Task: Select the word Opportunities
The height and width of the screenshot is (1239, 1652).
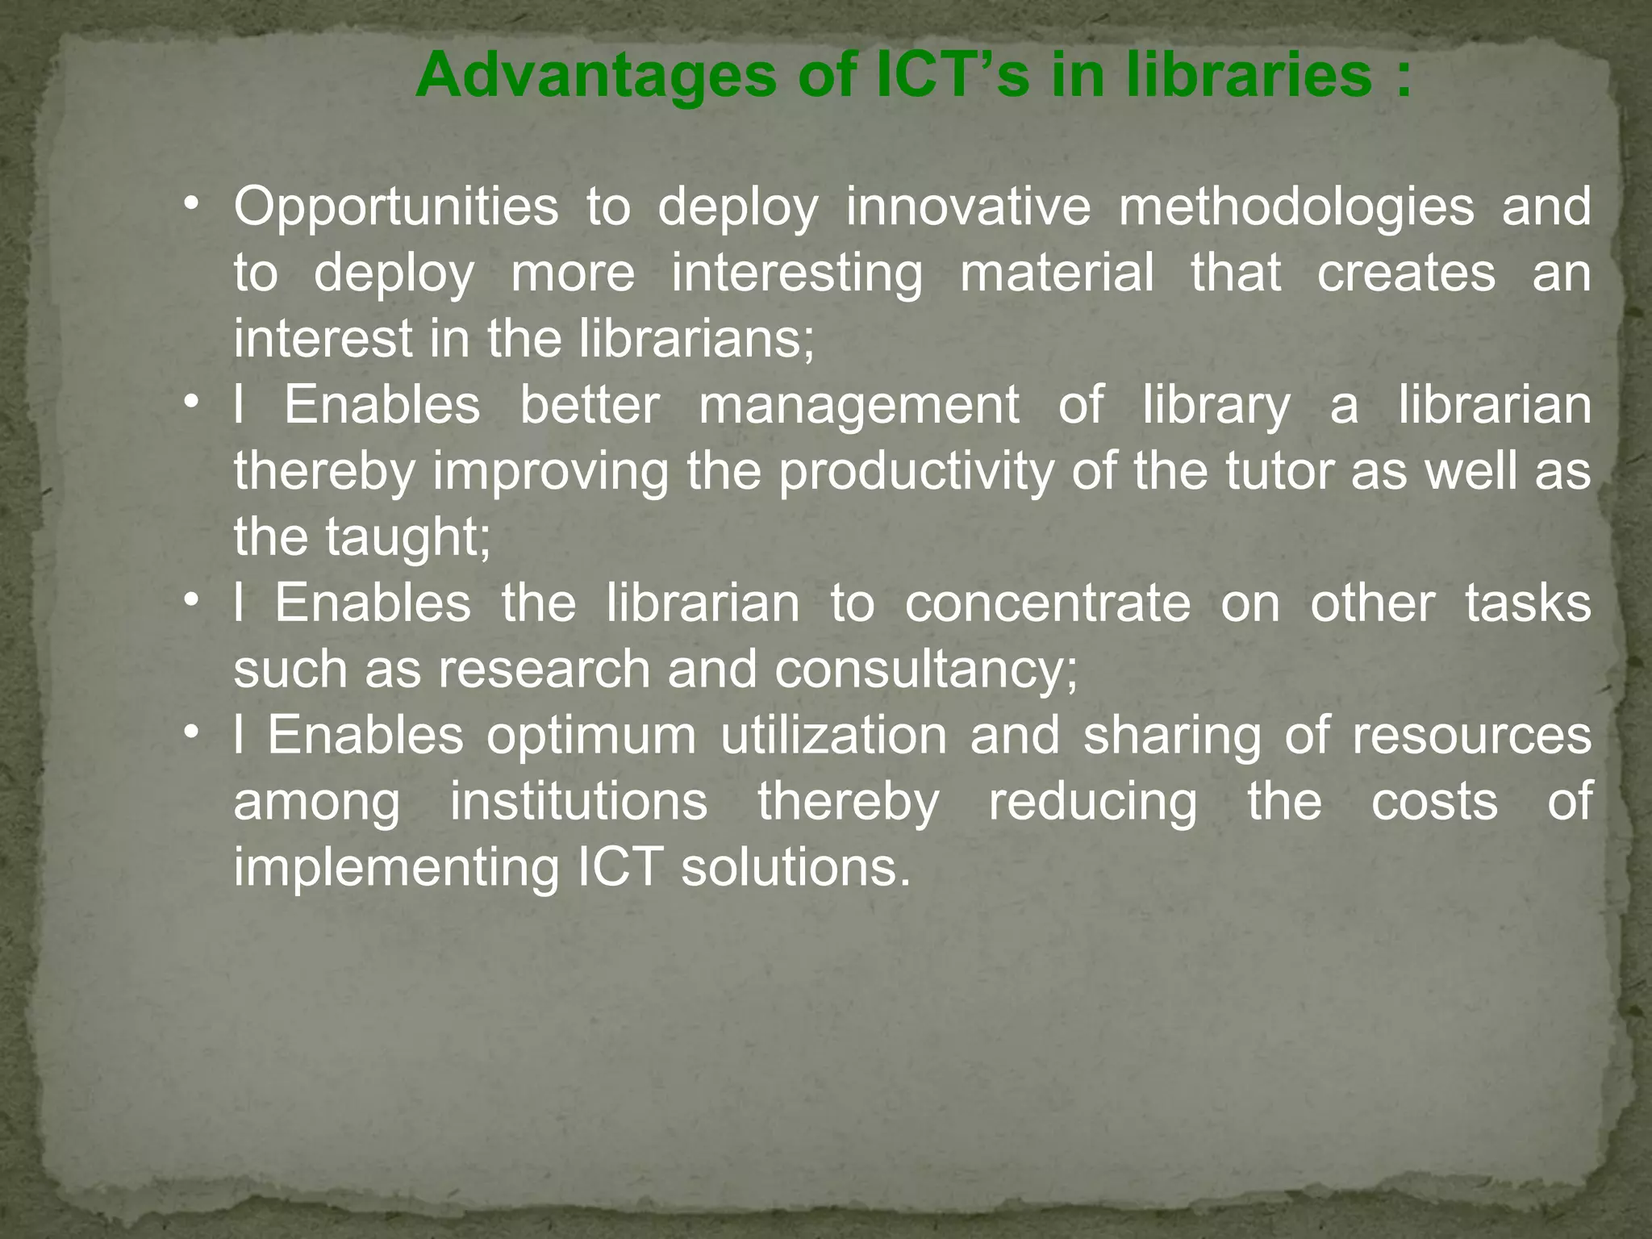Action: [x=395, y=207]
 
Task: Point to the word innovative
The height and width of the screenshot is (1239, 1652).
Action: [x=968, y=206]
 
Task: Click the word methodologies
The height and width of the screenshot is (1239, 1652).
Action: [x=1295, y=207]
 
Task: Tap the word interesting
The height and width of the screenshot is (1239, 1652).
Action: [x=797, y=273]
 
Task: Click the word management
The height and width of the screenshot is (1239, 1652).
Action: [x=858, y=406]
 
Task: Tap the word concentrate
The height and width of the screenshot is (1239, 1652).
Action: [x=1047, y=604]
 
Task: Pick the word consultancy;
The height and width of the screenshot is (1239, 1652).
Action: [x=926, y=670]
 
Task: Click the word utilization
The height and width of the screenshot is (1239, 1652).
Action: [x=833, y=735]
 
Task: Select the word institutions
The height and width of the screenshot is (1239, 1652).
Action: [x=578, y=801]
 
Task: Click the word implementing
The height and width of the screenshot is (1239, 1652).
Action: [x=396, y=869]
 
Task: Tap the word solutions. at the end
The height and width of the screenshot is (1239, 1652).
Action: [x=795, y=867]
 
